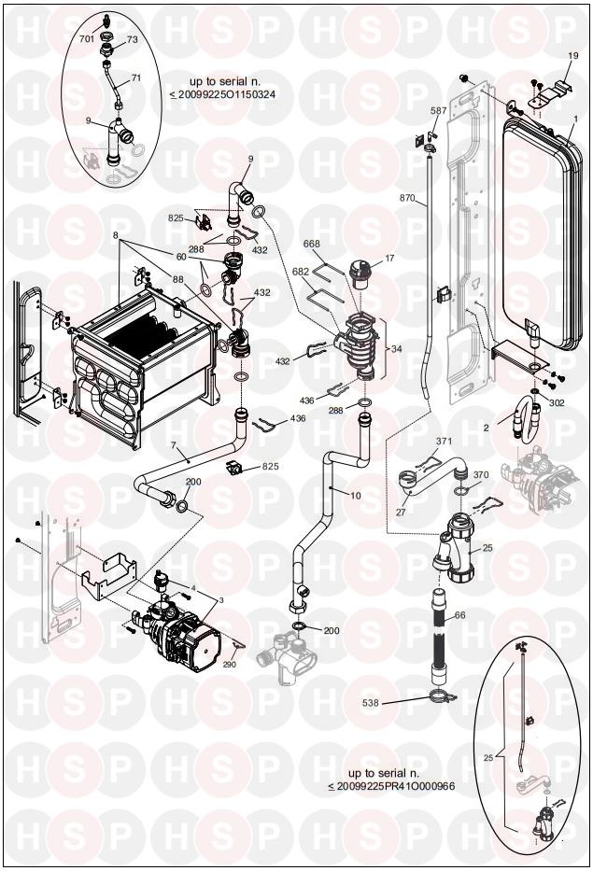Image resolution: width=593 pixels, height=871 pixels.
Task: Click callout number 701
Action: coord(87,39)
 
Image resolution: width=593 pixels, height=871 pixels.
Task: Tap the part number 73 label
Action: coord(133,39)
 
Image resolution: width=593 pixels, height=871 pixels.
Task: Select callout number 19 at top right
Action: coord(573,56)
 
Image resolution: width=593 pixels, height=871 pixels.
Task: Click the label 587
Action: coord(439,110)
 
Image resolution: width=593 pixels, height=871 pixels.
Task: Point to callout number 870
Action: coord(407,198)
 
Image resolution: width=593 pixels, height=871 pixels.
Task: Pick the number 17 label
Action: coord(389,259)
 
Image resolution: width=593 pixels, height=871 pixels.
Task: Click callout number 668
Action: coord(311,244)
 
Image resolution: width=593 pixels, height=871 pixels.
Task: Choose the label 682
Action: coord(301,272)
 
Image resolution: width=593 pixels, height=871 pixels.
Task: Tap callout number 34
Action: coord(396,349)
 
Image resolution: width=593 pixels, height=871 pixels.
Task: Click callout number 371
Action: coord(444,442)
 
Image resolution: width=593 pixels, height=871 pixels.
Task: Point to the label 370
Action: coord(481,475)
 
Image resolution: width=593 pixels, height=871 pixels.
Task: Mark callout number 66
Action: coord(459,615)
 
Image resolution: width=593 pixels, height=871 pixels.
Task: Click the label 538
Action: coord(370,703)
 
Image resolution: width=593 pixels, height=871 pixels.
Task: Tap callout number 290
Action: coord(229,664)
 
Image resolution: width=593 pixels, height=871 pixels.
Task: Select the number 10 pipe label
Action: coord(355,496)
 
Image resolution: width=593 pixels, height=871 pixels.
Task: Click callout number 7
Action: coord(174,445)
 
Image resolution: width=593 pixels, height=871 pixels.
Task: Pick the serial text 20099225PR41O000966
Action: coord(395,786)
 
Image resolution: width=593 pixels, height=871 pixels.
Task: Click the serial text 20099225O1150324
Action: coord(227,94)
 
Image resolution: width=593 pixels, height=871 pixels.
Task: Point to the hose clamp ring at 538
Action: coord(443,696)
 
